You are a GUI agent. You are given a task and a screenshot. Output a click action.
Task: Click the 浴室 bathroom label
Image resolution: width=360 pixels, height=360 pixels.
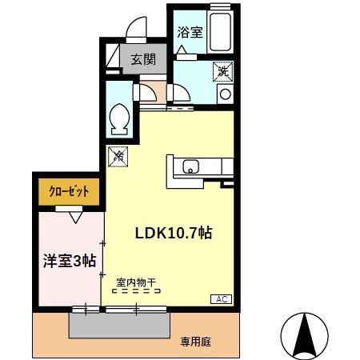click(190, 34)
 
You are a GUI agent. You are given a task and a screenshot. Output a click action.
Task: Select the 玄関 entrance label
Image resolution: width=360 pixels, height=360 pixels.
click(143, 59)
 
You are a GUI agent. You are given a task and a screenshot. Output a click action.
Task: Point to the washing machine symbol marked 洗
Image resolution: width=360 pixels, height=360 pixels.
click(224, 72)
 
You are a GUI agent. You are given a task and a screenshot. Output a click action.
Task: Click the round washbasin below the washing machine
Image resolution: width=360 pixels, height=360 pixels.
click(225, 94)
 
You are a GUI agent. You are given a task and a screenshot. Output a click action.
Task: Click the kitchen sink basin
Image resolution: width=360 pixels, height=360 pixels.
click(191, 167)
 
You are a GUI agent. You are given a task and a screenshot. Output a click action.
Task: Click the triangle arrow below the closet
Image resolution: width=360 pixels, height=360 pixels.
click(75, 215)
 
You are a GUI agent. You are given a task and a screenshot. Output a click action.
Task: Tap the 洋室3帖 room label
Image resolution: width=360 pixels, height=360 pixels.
click(69, 260)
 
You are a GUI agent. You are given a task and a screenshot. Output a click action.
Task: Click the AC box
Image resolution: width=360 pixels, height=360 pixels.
click(222, 298)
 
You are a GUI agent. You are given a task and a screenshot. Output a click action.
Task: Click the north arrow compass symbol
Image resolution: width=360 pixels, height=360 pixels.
click(303, 333)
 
